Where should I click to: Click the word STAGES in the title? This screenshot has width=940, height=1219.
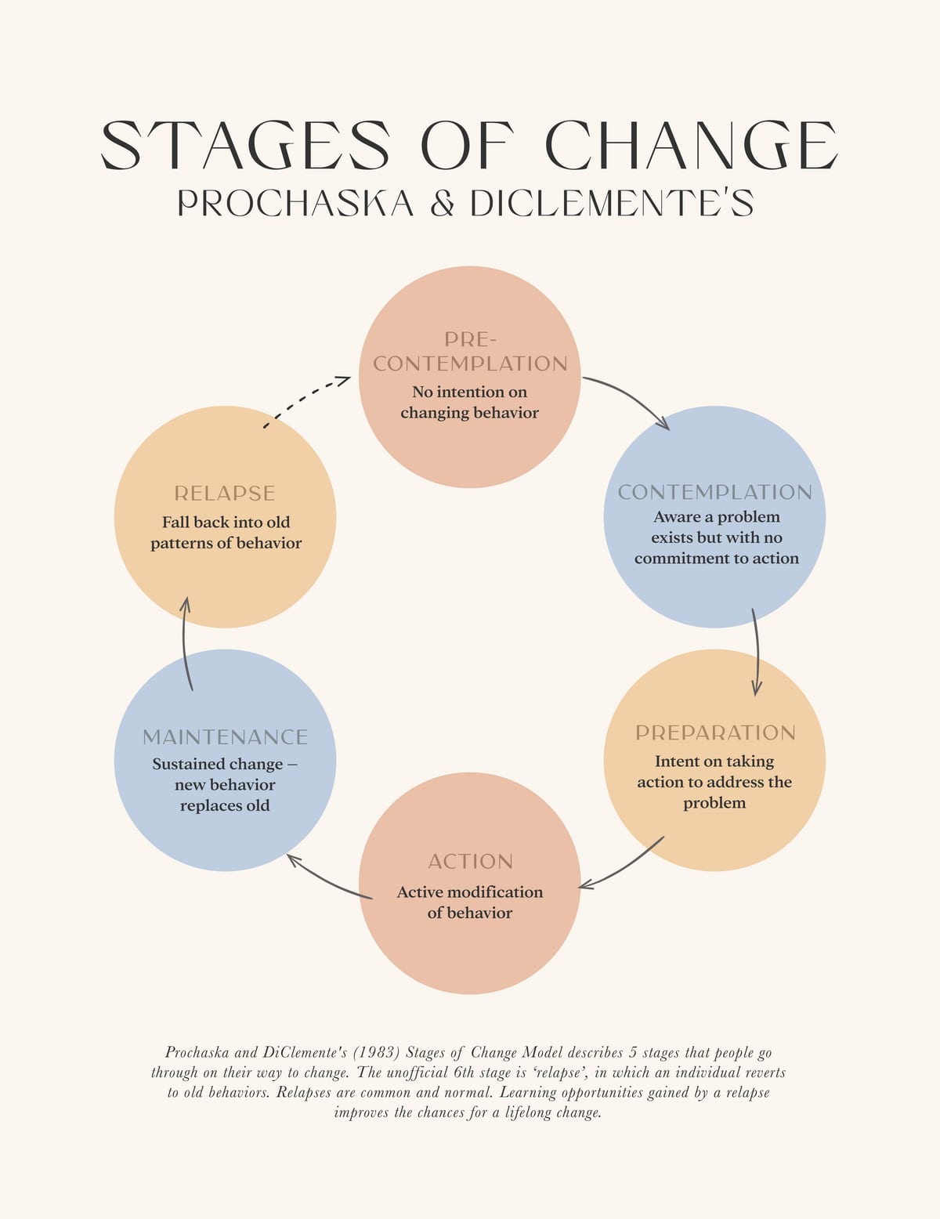(x=245, y=145)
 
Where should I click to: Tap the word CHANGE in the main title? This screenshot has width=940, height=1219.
(x=692, y=145)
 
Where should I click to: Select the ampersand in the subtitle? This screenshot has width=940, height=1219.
(x=443, y=203)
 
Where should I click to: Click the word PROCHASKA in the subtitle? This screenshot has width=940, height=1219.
(x=295, y=203)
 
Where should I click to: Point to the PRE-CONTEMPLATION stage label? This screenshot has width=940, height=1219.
(x=470, y=352)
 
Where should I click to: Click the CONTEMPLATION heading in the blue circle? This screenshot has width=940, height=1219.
(x=714, y=492)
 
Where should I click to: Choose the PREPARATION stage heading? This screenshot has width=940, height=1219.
(x=715, y=732)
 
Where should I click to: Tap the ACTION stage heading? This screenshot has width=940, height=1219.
(x=470, y=862)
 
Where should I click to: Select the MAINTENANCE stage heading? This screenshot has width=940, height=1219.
(x=225, y=737)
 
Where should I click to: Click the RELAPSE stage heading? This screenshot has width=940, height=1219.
(x=224, y=494)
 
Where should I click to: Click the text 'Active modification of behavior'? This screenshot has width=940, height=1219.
(x=470, y=902)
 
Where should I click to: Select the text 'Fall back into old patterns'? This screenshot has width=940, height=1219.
(x=226, y=533)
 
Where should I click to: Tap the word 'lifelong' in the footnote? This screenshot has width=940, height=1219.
(x=528, y=1112)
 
